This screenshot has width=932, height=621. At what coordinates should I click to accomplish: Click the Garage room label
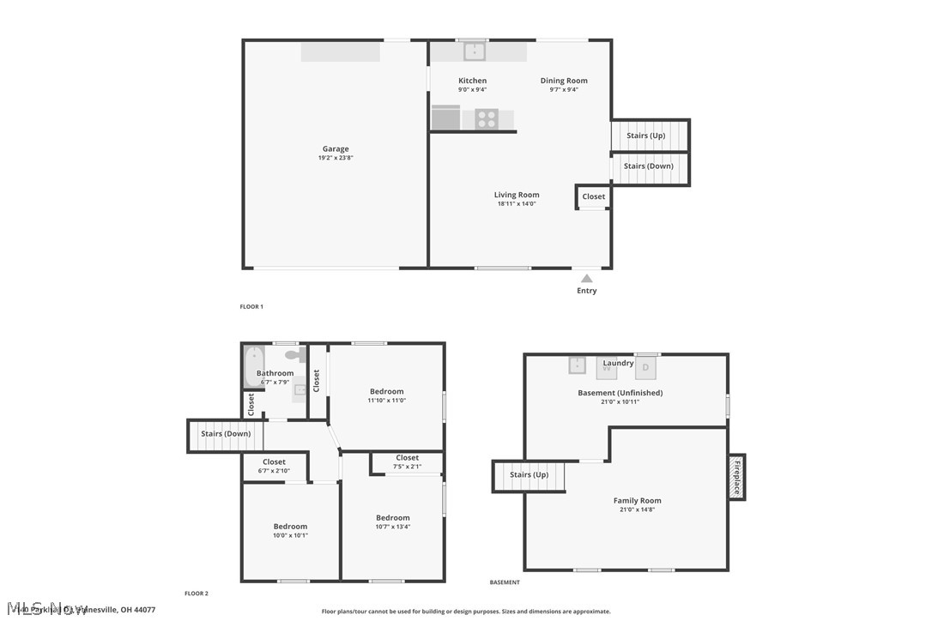point(336,149)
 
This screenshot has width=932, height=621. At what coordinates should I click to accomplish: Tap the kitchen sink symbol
point(475,51)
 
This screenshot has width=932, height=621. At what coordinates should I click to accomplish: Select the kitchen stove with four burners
point(487,119)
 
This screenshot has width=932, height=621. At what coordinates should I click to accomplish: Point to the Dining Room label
point(564,81)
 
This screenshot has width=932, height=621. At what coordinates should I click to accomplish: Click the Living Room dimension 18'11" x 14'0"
point(517,204)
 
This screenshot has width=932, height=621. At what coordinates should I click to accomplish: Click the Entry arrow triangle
point(586,278)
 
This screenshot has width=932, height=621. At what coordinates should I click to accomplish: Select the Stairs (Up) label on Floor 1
point(645,136)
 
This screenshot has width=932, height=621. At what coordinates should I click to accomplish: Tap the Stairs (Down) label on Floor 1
point(648,166)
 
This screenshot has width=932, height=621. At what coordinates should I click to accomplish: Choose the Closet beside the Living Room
point(593,196)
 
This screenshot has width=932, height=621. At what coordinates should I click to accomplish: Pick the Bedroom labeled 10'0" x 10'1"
point(290,531)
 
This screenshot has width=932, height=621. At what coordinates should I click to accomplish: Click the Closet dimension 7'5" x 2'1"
point(408,467)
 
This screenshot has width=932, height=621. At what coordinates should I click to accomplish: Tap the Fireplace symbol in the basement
point(736,477)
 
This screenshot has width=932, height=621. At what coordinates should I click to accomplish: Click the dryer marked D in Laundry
point(647,366)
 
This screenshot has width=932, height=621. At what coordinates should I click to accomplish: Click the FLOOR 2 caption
point(197,594)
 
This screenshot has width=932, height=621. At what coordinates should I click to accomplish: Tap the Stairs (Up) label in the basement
point(529,474)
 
